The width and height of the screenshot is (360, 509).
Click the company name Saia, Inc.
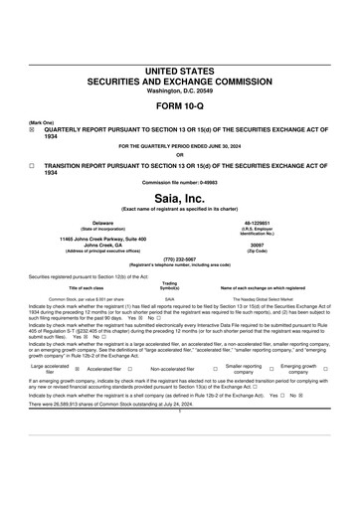pos(179,172)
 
